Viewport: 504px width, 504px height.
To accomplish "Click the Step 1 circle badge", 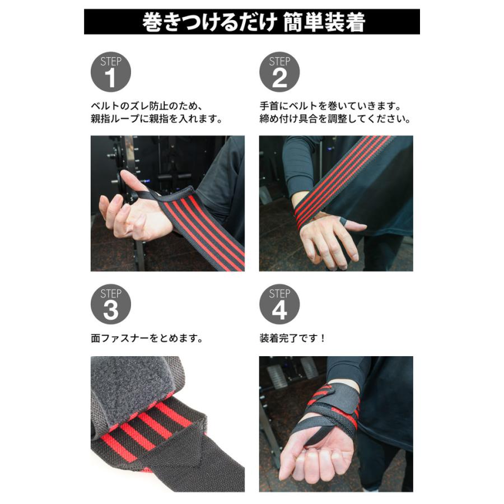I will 110,72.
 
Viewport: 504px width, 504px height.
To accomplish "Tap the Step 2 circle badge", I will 279,72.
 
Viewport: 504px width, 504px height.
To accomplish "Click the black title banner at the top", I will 252,22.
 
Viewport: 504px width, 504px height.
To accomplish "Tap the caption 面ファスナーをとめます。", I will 146,338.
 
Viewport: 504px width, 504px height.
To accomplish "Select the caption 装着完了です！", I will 292,338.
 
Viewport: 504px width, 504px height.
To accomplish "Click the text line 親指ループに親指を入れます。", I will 157,119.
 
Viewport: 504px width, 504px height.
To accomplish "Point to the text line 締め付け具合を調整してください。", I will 335,119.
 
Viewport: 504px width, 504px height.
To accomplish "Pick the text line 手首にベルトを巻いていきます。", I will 331,105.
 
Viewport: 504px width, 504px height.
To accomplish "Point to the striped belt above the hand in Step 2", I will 347,174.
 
